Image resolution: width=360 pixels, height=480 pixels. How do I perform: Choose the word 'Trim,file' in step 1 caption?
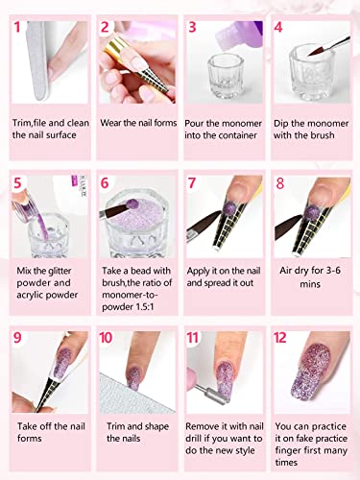(x=37, y=124)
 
